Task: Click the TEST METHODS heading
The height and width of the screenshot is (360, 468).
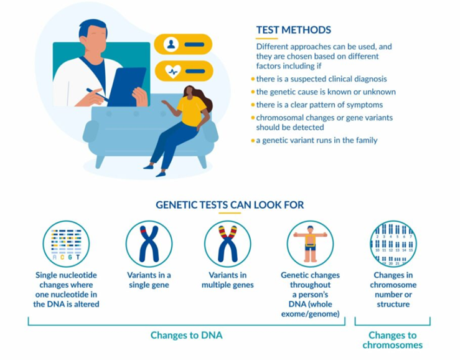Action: pos(293,30)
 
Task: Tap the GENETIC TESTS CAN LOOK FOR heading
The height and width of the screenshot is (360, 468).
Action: pos(230,205)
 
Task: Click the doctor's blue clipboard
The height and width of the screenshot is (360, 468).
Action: pos(127,87)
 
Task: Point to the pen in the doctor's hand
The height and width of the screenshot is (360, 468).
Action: pos(98,95)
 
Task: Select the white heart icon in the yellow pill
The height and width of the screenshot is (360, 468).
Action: pos(173,72)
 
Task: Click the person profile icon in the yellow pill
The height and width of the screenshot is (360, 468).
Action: pos(171,44)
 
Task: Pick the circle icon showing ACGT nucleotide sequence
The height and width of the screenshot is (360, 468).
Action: pos(66,244)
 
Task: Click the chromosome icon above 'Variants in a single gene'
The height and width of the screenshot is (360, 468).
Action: pos(149,244)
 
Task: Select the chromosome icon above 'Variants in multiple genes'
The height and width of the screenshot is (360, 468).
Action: pos(227,244)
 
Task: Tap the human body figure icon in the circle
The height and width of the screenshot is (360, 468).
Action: pos(310,244)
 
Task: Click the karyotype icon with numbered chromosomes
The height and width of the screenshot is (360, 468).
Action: pos(393,244)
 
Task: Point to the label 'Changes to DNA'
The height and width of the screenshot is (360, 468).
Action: pos(186,335)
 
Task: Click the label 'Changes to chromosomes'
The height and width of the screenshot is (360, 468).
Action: pos(393,340)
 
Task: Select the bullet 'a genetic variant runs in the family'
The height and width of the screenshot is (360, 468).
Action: pos(314,140)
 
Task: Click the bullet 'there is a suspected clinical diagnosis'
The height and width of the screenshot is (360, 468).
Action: pos(319,79)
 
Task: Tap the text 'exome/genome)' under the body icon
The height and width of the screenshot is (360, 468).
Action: pos(310,314)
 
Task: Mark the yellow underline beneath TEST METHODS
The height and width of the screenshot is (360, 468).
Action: pos(267,39)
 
